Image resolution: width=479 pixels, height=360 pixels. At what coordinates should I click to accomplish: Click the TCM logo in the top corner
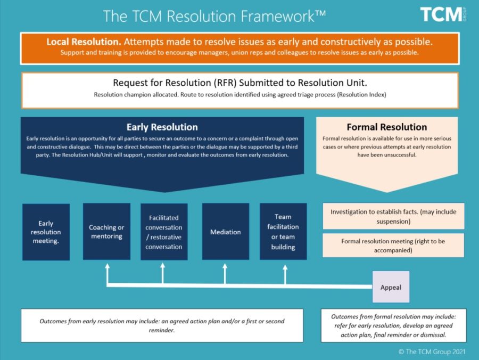441,14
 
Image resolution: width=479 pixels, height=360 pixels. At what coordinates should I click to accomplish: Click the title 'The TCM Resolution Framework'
214,16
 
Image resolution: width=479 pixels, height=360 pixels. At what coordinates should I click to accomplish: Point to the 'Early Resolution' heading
162,127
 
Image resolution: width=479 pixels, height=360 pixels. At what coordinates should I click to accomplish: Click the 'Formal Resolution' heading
386,127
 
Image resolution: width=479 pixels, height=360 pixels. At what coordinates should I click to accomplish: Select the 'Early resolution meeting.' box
46,232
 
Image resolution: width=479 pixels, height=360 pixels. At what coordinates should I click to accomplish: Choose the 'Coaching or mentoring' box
106,232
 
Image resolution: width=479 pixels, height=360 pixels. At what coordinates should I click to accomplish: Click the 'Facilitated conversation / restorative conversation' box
164,232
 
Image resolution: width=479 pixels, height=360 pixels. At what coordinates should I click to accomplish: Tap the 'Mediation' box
225,232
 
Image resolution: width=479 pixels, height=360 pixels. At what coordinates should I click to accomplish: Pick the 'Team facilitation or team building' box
283,232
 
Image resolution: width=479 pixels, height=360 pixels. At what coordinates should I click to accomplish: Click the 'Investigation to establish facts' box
393,216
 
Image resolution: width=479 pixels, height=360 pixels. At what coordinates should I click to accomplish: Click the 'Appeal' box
391,288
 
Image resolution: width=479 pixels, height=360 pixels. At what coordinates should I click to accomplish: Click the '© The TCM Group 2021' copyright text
432,351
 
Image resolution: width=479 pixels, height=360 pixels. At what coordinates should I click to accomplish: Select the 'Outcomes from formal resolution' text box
393,325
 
